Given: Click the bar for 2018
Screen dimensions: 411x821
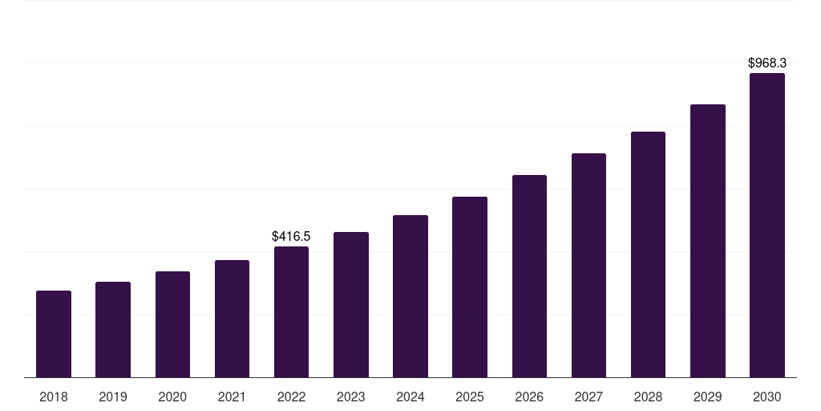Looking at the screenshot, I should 54,334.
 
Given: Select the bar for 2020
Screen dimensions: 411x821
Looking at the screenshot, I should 172,324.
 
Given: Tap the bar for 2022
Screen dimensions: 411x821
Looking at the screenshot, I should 291,311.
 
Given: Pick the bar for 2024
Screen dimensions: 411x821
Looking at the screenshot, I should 410,296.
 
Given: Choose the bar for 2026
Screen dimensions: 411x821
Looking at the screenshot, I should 529,276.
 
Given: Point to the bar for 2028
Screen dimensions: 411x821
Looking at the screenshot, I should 648,254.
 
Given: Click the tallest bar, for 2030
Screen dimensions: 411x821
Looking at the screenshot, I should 767,225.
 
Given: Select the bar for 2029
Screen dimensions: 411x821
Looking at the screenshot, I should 708,241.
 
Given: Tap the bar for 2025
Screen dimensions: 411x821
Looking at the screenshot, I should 470,287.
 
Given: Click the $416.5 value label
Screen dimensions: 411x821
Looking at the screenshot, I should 291,237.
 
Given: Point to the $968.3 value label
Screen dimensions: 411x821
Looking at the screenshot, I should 767,63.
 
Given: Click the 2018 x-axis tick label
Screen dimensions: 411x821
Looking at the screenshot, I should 54,397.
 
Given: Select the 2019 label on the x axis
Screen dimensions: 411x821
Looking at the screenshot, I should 113,397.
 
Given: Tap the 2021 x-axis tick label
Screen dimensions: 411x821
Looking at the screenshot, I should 232,397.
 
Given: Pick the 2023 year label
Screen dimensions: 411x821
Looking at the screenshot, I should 351,397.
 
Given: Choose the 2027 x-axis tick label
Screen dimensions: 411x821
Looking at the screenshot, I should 588,397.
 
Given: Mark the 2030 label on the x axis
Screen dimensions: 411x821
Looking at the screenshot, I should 767,397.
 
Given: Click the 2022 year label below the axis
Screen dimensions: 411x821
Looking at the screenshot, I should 291,397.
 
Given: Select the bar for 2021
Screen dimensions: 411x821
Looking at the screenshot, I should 232,319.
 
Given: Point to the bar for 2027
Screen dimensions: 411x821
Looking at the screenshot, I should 588,265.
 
